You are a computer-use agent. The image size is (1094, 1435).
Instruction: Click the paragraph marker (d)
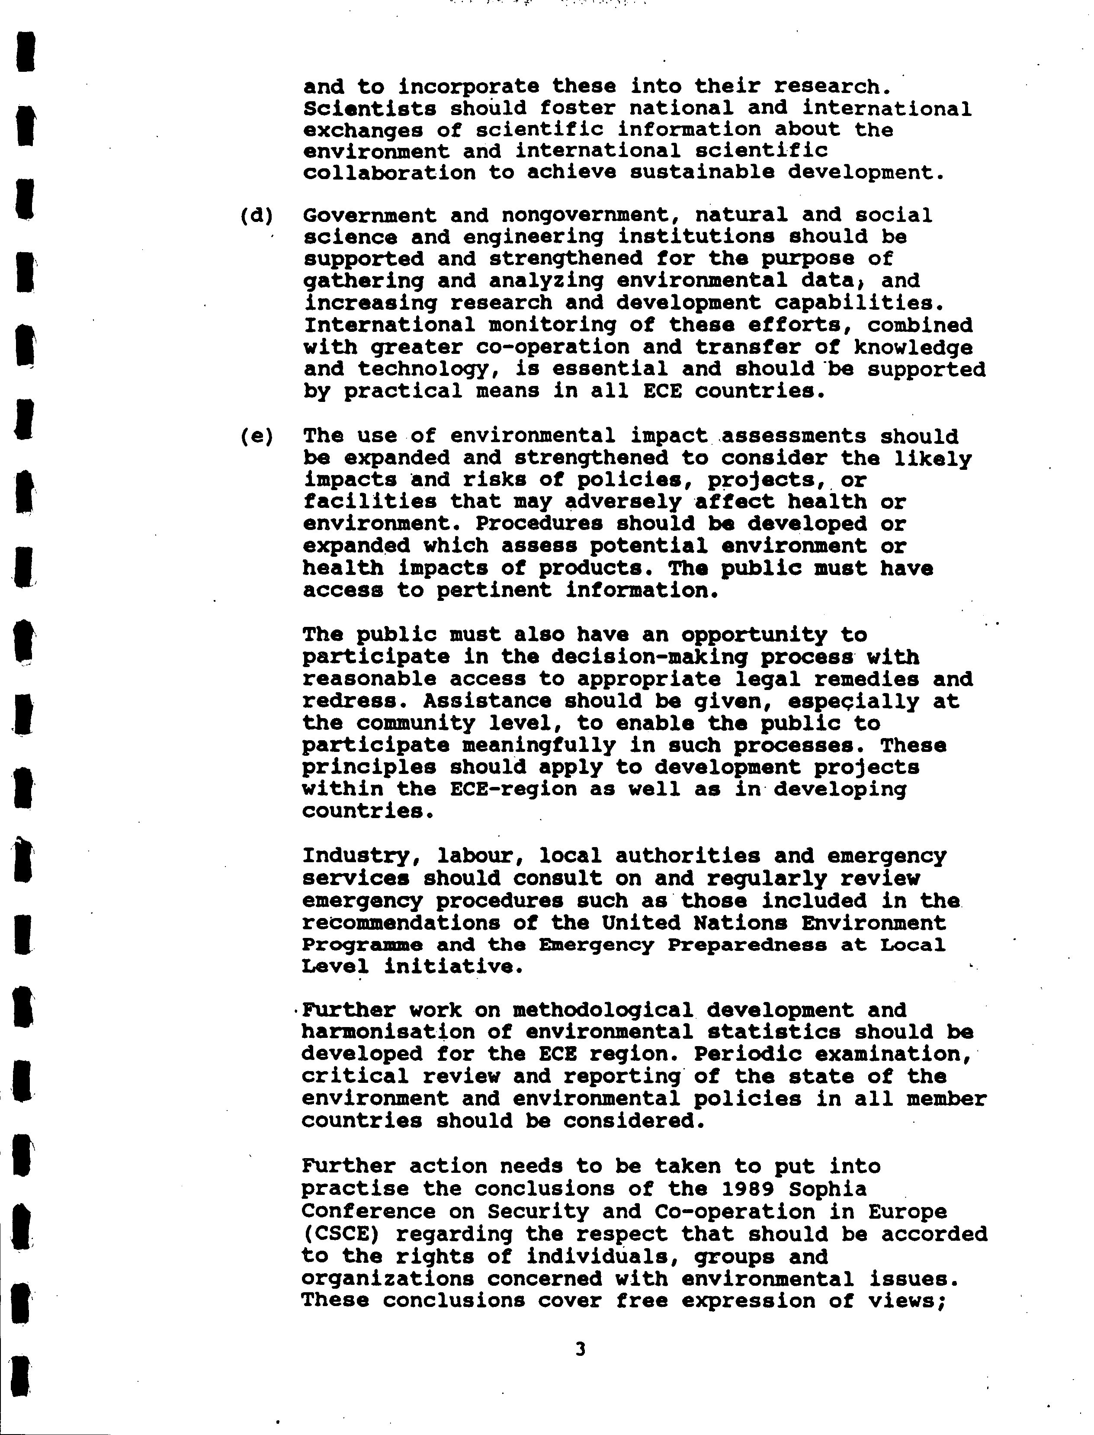pos(256,215)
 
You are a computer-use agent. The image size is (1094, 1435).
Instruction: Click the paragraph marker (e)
pos(256,436)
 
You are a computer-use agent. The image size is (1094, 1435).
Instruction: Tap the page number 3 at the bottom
pos(580,1350)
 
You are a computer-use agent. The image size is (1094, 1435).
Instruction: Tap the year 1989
pos(748,1189)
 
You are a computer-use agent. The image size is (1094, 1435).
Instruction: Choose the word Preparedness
pos(748,945)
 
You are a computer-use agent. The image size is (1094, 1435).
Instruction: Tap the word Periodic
pos(748,1054)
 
